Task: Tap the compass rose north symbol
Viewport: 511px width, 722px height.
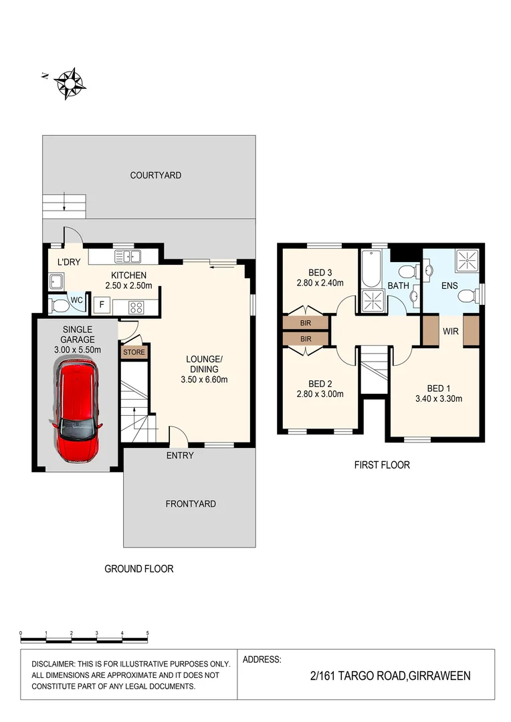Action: (70, 84)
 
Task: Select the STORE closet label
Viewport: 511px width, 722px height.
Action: (132, 351)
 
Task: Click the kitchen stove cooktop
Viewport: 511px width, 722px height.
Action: (136, 308)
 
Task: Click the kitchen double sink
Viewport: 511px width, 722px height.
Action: (127, 255)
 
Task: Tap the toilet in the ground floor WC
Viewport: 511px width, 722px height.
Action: (59, 305)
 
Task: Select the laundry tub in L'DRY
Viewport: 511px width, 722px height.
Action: (56, 281)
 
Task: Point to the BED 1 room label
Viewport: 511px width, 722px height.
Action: (439, 387)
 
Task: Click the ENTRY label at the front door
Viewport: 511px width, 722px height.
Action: (180, 455)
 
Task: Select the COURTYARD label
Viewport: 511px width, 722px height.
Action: (155, 175)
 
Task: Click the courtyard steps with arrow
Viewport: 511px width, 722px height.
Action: (65, 205)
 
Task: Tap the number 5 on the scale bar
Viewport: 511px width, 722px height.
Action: (147, 632)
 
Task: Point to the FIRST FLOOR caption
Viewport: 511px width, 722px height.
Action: (382, 465)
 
